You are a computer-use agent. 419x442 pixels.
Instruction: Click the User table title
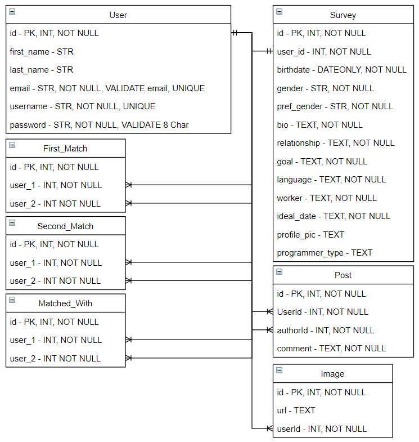point(118,15)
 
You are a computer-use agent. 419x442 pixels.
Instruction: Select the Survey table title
point(343,15)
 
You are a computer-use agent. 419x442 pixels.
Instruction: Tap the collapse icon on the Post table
point(280,272)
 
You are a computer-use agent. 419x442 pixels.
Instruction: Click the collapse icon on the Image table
point(280,370)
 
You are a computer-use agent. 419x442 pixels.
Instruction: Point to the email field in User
point(107,88)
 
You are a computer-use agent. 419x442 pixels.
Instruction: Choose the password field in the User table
point(99,124)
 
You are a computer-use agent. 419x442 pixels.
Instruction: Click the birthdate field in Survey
point(341,70)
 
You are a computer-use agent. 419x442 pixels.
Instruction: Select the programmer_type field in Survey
point(325,253)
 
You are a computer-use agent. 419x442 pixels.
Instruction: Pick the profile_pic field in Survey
point(310,235)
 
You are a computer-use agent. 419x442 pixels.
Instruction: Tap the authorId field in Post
point(326,331)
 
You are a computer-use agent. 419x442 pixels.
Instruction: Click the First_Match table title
point(65,149)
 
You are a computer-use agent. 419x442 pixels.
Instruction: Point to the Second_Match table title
point(65,226)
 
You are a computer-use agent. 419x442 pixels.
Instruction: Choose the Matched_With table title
point(65,303)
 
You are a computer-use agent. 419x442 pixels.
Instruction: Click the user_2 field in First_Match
point(55,203)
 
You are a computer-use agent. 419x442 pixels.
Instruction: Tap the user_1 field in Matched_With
point(56,340)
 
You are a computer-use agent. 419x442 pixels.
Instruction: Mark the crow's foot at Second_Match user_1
point(129,262)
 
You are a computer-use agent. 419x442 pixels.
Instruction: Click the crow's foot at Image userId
point(270,428)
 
